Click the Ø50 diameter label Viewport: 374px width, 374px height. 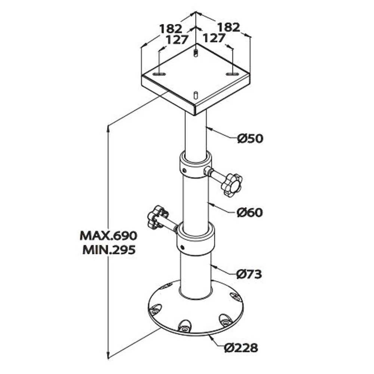click(250, 138)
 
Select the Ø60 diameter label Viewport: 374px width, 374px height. click(250, 212)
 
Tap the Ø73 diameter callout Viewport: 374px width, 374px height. click(249, 274)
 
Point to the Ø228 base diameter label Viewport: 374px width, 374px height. click(241, 348)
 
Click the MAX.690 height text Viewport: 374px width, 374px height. click(108, 236)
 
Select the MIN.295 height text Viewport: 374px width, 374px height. click(108, 250)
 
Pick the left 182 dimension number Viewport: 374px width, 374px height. click(170, 28)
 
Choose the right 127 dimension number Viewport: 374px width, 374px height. click(214, 38)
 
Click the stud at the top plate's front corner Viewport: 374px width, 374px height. click(196, 95)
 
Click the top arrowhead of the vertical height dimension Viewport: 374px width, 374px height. click(108, 127)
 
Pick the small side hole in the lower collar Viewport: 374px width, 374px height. click(182, 248)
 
